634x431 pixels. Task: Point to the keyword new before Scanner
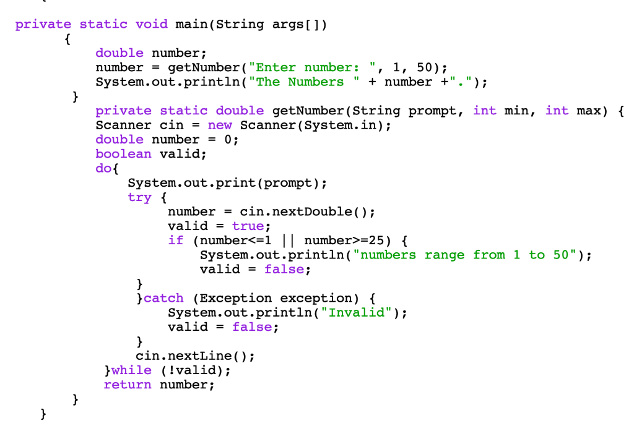(220, 125)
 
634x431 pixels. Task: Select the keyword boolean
(123, 154)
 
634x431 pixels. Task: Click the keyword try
(139, 197)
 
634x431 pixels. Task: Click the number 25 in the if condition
(376, 240)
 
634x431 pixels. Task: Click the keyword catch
(163, 298)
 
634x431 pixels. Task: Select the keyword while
(131, 370)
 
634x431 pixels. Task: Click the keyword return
(127, 385)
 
